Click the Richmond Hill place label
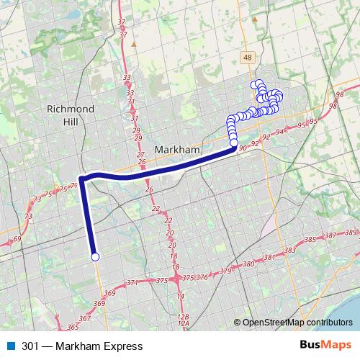pos(70,115)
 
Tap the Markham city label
pos(177,149)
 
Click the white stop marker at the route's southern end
pos(94,256)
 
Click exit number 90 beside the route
pos(243,148)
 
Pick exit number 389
pos(351,232)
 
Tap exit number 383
pos(289,251)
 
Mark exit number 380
pos(249,265)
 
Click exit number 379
pos(225,271)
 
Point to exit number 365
pos(72,327)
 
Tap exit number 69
pos(17,239)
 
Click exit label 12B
pos(183,317)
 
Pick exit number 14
pos(181,296)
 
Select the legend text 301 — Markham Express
pos(82,346)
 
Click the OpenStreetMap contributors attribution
pos(297,323)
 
